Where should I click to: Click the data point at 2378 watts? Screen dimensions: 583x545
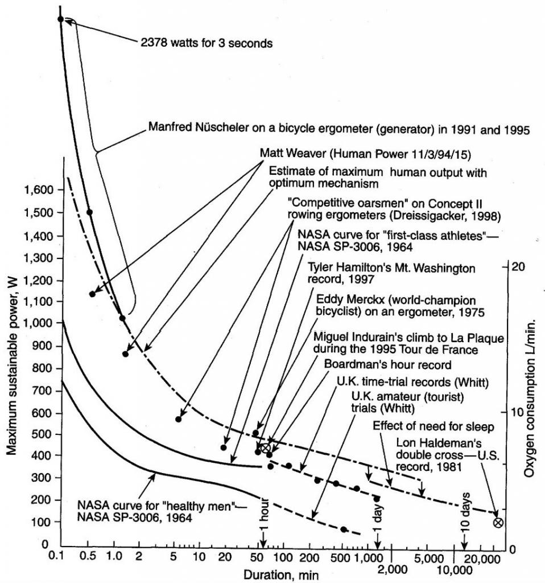pos(60,19)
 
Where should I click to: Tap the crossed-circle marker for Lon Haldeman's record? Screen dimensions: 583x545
pos(498,522)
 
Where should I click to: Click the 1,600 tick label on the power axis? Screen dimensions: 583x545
pos(38,190)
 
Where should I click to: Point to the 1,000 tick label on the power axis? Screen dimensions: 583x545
pos(38,323)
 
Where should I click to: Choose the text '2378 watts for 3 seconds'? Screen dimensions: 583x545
pos(207,43)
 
